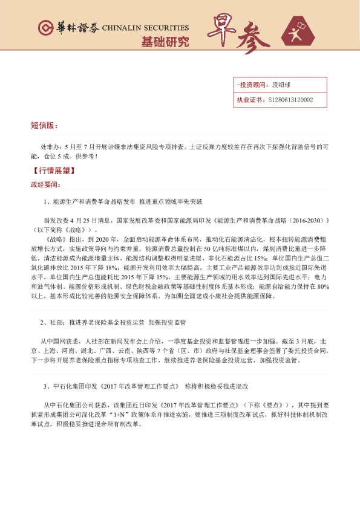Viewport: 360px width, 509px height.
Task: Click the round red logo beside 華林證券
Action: pyautogui.click(x=45, y=28)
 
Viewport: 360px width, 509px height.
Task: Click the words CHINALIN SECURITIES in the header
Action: pyautogui.click(x=145, y=28)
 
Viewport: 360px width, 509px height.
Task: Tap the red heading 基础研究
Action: pyautogui.click(x=165, y=42)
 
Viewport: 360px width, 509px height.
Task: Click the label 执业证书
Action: pyautogui.click(x=250, y=100)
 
